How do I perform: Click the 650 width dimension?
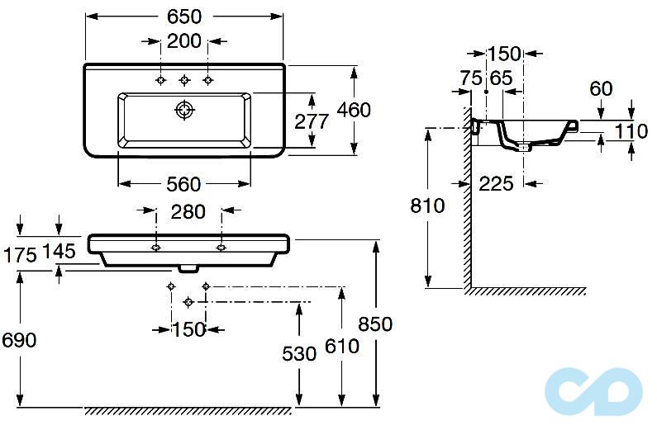tap(185, 17)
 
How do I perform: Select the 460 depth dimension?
tap(355, 109)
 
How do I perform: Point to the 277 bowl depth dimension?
tap(312, 120)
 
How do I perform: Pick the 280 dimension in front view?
tap(188, 211)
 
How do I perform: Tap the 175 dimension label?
tap(20, 254)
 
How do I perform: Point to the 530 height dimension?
tap(299, 353)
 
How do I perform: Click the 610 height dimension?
tap(341, 345)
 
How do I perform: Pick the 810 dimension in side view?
tap(427, 206)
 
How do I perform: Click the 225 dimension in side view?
tap(496, 183)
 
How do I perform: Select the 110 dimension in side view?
tap(631, 130)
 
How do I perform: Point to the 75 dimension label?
tap(471, 78)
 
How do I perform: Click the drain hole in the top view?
tap(183, 110)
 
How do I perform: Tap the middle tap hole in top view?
tap(184, 80)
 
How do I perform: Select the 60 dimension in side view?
tap(601, 88)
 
